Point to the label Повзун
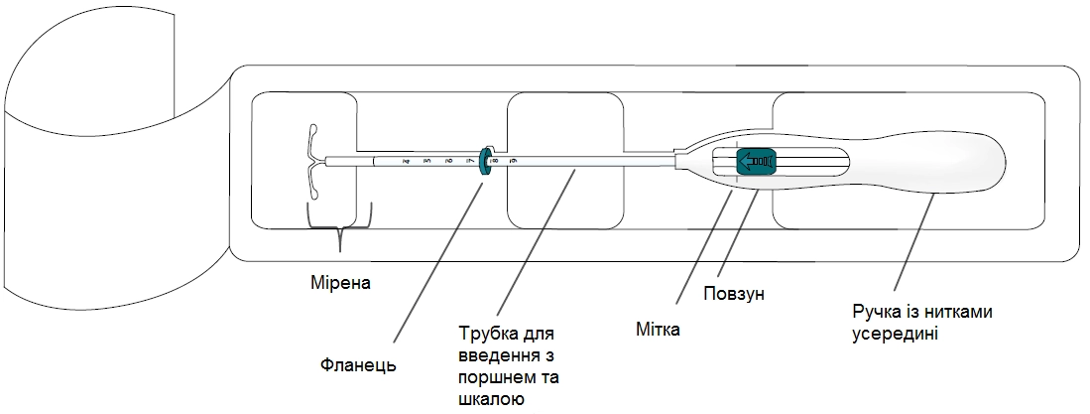point(734,294)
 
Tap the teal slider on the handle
point(755,161)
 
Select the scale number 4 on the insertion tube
point(406,160)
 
